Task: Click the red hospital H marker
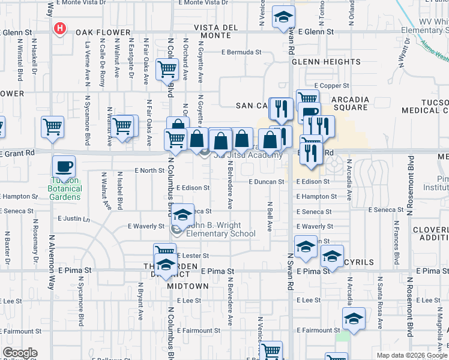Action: [60, 28]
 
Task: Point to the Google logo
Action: [20, 353]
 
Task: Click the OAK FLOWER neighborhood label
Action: [103, 32]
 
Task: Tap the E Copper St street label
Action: [331, 86]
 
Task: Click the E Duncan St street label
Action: [266, 181]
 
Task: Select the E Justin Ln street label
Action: [73, 218]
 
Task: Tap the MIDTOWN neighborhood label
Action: [188, 286]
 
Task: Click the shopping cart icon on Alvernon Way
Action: [52, 127]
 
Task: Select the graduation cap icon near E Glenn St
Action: [283, 17]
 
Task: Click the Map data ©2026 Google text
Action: [411, 355]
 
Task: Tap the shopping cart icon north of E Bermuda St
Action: [167, 68]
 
